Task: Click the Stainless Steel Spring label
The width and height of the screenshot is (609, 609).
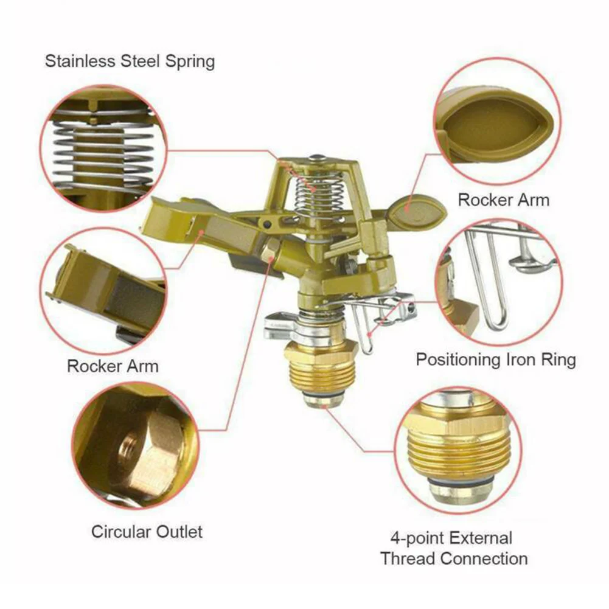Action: (x=130, y=61)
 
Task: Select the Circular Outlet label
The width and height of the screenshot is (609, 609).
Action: (x=147, y=531)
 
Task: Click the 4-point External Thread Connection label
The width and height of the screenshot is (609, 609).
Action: (x=454, y=548)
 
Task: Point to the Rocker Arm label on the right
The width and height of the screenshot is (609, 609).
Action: (x=503, y=200)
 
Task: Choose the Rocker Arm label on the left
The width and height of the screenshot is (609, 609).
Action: (x=113, y=366)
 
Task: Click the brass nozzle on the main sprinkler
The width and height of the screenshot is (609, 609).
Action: (x=271, y=249)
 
